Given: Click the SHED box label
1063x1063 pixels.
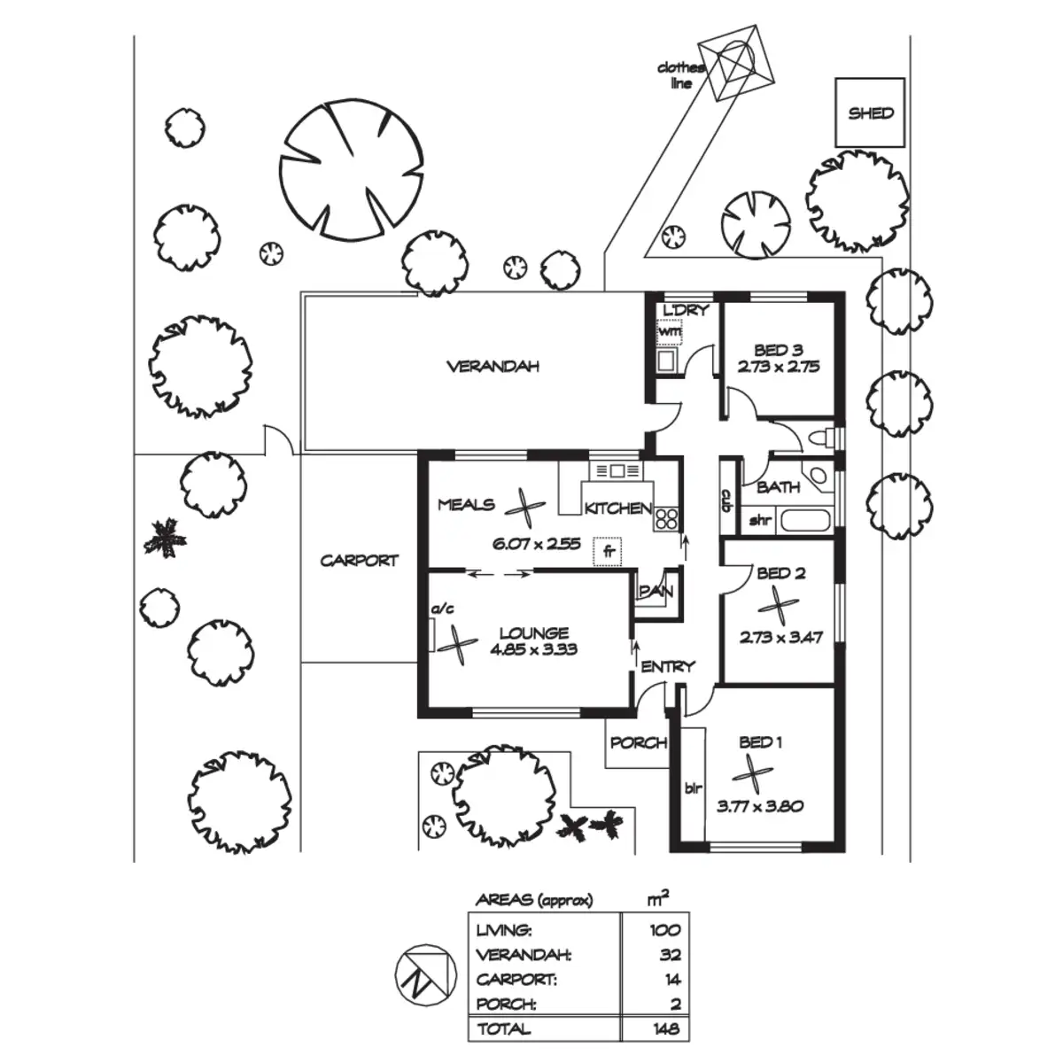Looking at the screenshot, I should point(871,113).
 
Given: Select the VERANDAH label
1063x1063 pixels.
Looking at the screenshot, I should point(493,366).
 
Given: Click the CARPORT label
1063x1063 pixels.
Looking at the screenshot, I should point(359,561).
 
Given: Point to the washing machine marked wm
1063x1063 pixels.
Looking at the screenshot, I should point(670,331).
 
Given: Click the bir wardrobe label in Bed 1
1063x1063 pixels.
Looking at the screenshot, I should point(692,786).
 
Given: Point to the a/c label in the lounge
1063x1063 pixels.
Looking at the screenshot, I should point(441,609).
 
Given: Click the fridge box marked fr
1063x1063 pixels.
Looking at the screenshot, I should point(609,551).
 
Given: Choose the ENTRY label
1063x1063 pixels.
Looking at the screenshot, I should point(668,666).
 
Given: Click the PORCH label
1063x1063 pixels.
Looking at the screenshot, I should point(638,742).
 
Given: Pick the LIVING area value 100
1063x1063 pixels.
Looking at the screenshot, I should point(663,930).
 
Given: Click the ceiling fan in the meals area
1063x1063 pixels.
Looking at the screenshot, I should point(525,508).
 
